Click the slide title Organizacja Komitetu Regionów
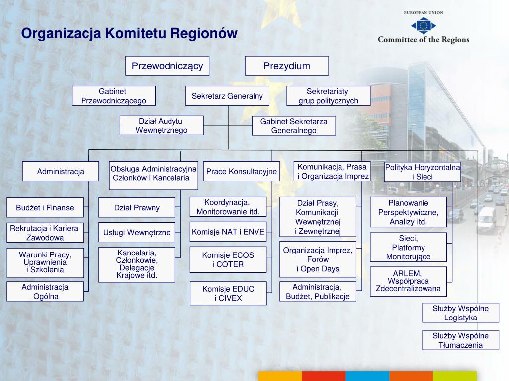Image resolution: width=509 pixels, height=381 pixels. tap(129, 33)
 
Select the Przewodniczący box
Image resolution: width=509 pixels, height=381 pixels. tap(167, 66)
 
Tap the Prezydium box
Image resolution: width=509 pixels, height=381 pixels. tap(286, 66)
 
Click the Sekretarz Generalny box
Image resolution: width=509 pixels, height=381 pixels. tap(227, 96)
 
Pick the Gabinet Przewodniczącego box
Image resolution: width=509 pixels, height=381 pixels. tap(113, 96)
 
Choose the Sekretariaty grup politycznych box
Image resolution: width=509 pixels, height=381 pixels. tap(328, 96)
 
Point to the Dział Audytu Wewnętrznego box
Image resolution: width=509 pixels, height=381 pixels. tap(162, 126)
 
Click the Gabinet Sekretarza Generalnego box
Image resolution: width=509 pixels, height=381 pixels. tap(293, 126)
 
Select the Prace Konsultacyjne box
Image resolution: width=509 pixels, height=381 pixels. tap(241, 172)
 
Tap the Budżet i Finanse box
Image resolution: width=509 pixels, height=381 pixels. tap(45, 208)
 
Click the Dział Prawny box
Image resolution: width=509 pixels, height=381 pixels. tap(137, 208)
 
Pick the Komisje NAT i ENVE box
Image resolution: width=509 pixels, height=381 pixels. tap(228, 232)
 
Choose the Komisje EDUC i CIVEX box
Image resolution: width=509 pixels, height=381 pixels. tap(228, 293)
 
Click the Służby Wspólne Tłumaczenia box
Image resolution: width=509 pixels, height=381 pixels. tap(460, 340)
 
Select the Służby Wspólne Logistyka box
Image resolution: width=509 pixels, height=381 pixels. tap(460, 313)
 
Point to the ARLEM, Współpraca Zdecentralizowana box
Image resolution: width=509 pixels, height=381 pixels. tap(408, 281)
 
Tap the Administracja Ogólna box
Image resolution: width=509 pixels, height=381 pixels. tap(45, 292)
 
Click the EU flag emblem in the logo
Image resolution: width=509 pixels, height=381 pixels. tap(424, 24)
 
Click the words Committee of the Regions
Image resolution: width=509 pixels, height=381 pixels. tap(424, 40)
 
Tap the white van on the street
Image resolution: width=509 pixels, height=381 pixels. tap(486, 218)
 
